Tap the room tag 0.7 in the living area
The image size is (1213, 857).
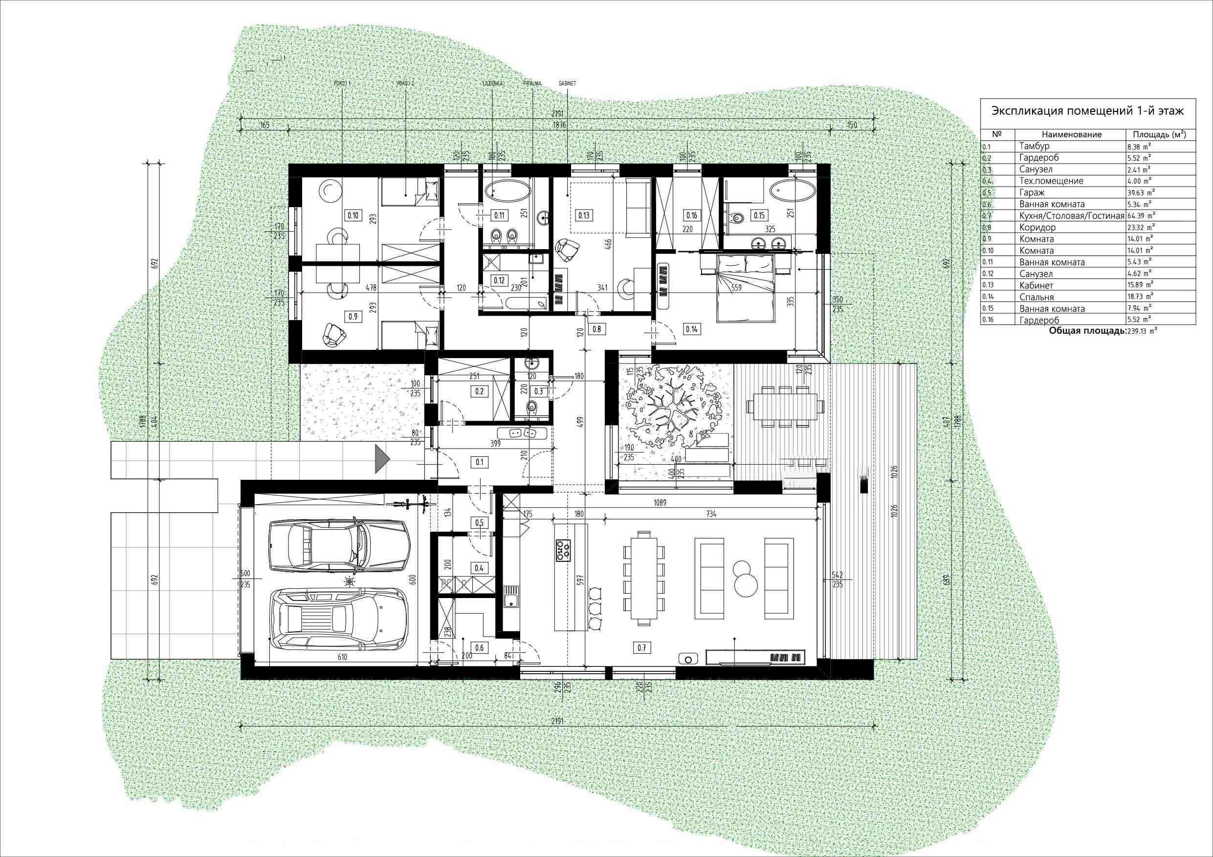click(x=641, y=648)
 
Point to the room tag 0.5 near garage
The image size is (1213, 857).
click(x=480, y=523)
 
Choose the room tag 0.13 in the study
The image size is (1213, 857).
click(x=584, y=215)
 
